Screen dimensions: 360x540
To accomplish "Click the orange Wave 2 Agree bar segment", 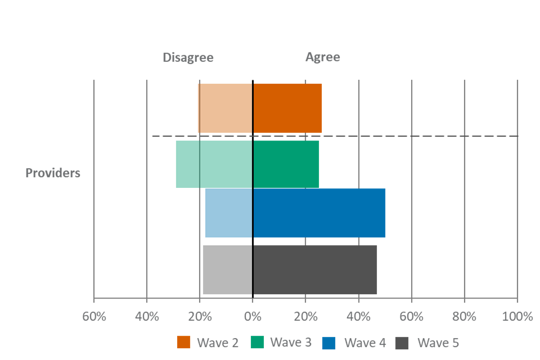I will click(287, 109).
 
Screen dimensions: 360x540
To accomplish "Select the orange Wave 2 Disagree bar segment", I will click(224, 109).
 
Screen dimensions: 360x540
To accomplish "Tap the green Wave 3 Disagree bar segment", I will click(213, 164).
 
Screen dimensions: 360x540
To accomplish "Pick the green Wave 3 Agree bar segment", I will click(286, 164).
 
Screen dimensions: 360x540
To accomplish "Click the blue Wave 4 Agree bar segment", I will click(319, 213).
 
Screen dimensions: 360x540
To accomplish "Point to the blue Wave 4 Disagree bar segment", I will click(228, 213).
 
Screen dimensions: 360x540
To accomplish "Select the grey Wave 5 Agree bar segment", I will click(315, 270).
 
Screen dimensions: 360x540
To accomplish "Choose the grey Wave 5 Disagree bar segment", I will click(227, 270).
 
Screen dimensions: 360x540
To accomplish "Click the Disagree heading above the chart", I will click(188, 57).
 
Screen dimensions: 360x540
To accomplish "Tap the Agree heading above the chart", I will click(322, 57).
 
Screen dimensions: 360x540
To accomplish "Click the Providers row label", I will click(53, 173).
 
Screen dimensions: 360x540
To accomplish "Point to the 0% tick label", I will click(253, 316).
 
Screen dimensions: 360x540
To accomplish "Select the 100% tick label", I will click(516, 316).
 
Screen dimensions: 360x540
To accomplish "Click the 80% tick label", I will click(464, 316).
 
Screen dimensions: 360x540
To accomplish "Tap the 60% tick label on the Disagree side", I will click(94, 316).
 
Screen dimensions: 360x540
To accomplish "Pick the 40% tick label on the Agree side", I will click(358, 316).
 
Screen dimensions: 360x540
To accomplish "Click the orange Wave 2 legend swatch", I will click(184, 343).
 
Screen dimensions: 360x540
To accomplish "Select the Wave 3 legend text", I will click(291, 343).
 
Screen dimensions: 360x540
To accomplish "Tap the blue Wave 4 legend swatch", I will click(328, 343).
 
